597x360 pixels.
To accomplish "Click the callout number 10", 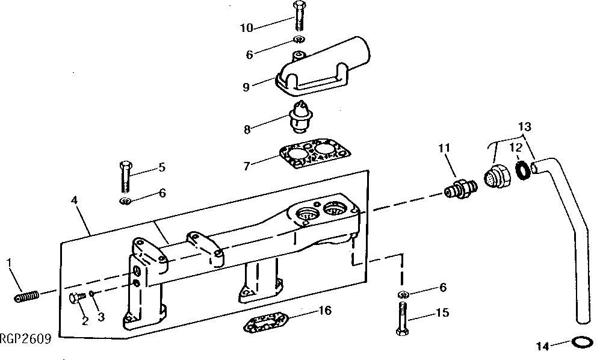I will coord(247,28).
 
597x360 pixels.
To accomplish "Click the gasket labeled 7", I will coord(311,157).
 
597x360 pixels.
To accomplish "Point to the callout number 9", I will coord(246,87).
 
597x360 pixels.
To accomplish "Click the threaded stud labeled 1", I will coord(26,296).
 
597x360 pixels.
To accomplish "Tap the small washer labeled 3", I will coord(92,294).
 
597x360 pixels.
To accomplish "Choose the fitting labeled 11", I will coord(460,186).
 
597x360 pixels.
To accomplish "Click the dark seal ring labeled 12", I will coord(522,171).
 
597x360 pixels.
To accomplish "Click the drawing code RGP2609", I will coord(25,339).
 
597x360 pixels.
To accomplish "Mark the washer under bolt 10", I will coord(298,40).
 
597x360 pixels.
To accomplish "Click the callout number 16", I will coord(325,311).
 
